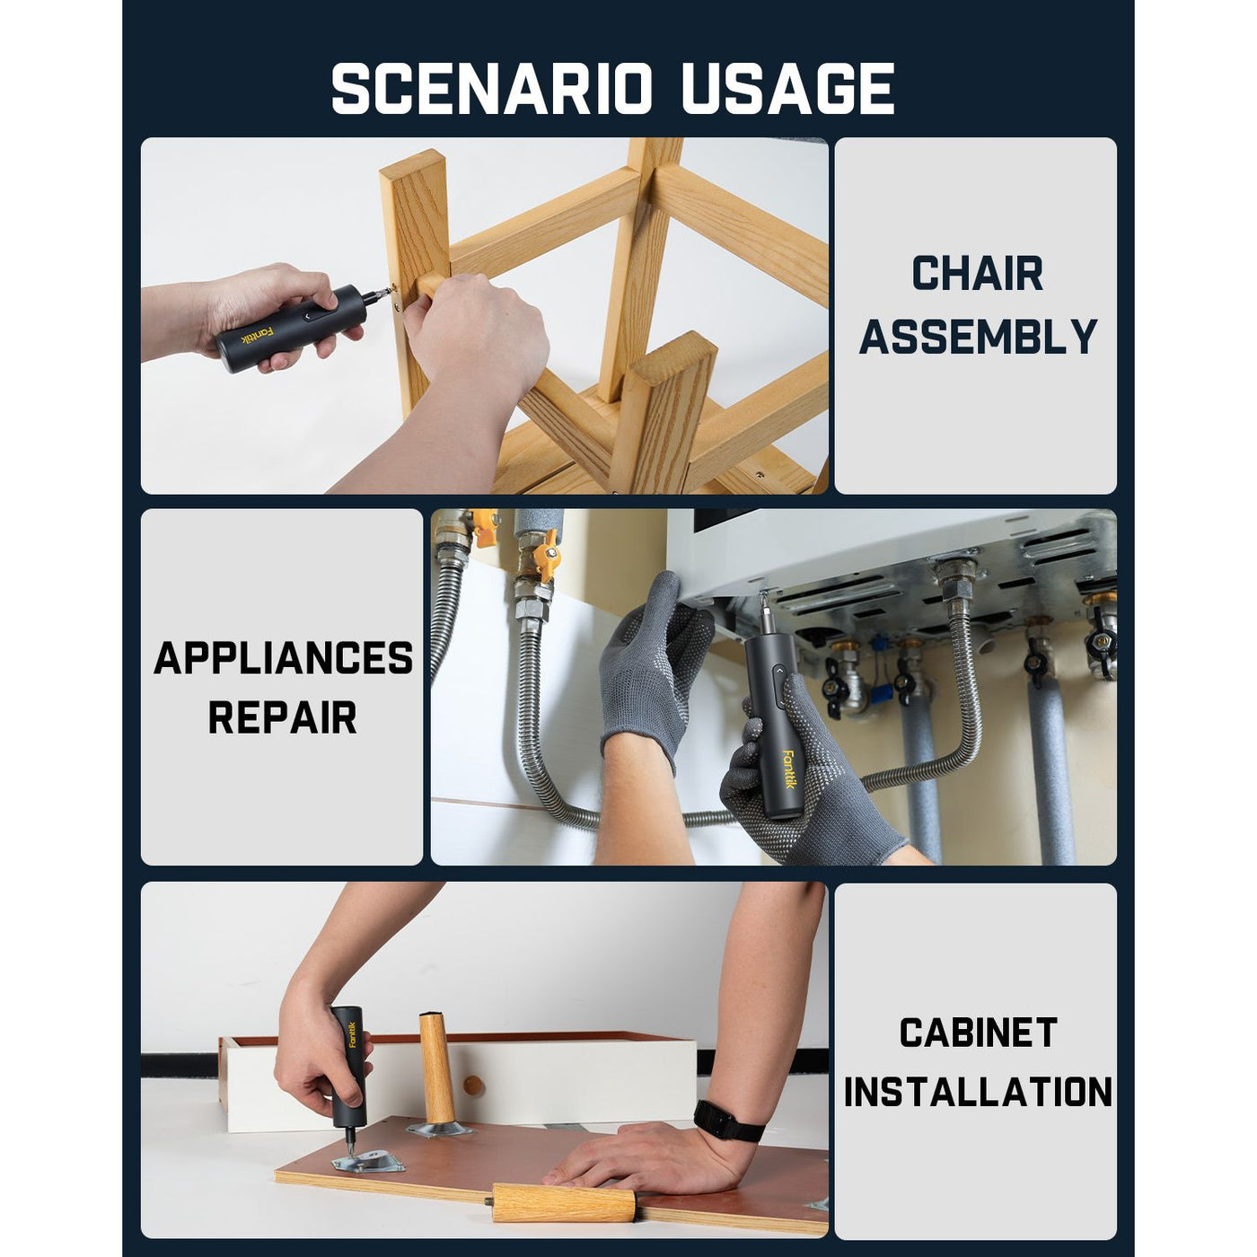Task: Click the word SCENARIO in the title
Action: (x=492, y=89)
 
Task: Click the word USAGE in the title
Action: (x=788, y=89)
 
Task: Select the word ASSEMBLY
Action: (x=977, y=337)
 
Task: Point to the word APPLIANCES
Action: (x=283, y=657)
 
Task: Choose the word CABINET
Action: (x=978, y=1033)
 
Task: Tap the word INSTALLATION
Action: (x=978, y=1091)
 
